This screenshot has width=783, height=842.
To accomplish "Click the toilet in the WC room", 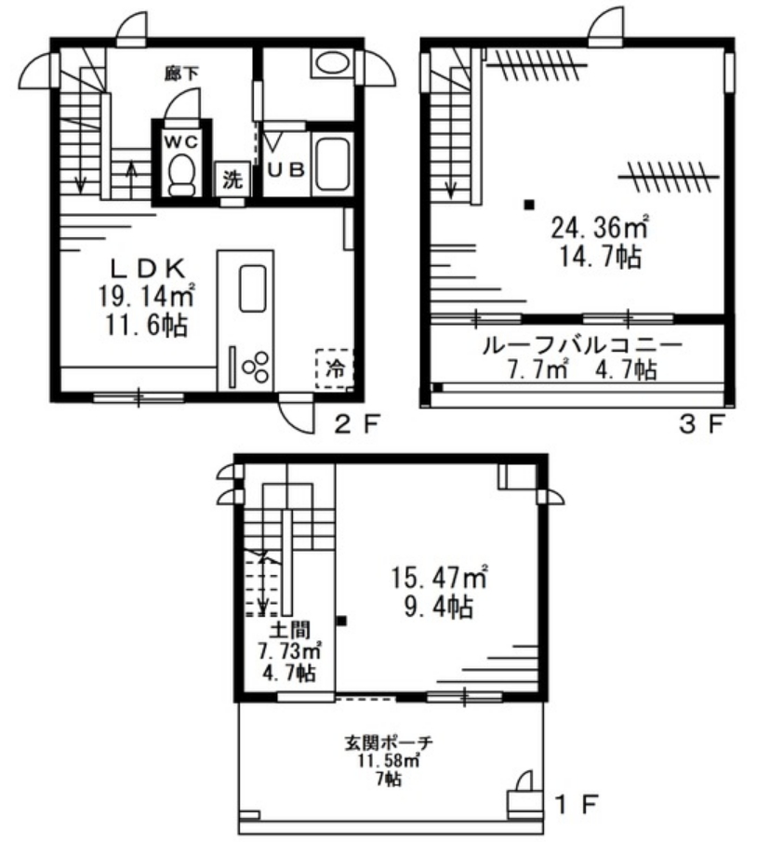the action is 181,175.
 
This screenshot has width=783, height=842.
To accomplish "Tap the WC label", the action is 180,141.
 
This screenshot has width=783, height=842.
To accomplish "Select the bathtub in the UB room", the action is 332,163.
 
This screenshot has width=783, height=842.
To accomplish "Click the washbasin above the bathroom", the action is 332,63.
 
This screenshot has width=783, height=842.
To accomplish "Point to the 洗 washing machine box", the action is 232,180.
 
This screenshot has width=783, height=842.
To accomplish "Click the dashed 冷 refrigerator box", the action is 335,368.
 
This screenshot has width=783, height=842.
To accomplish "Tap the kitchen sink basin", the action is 253,287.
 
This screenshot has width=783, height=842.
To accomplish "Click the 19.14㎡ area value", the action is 146,296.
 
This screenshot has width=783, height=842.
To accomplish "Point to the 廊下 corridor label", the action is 181,74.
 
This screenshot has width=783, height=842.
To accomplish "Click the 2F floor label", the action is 357,425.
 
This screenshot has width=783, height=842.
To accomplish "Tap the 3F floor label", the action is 701,425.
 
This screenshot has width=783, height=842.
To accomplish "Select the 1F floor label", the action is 576,804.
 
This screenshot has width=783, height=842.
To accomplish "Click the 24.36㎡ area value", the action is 600,228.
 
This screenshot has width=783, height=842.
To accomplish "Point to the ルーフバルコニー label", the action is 582,345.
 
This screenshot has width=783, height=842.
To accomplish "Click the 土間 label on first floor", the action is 290,629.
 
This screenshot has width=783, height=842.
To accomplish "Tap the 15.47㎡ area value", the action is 438,578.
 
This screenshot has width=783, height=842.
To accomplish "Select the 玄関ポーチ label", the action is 388,742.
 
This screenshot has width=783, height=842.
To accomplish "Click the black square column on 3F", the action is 529,205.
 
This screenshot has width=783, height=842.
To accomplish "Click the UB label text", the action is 286,170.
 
